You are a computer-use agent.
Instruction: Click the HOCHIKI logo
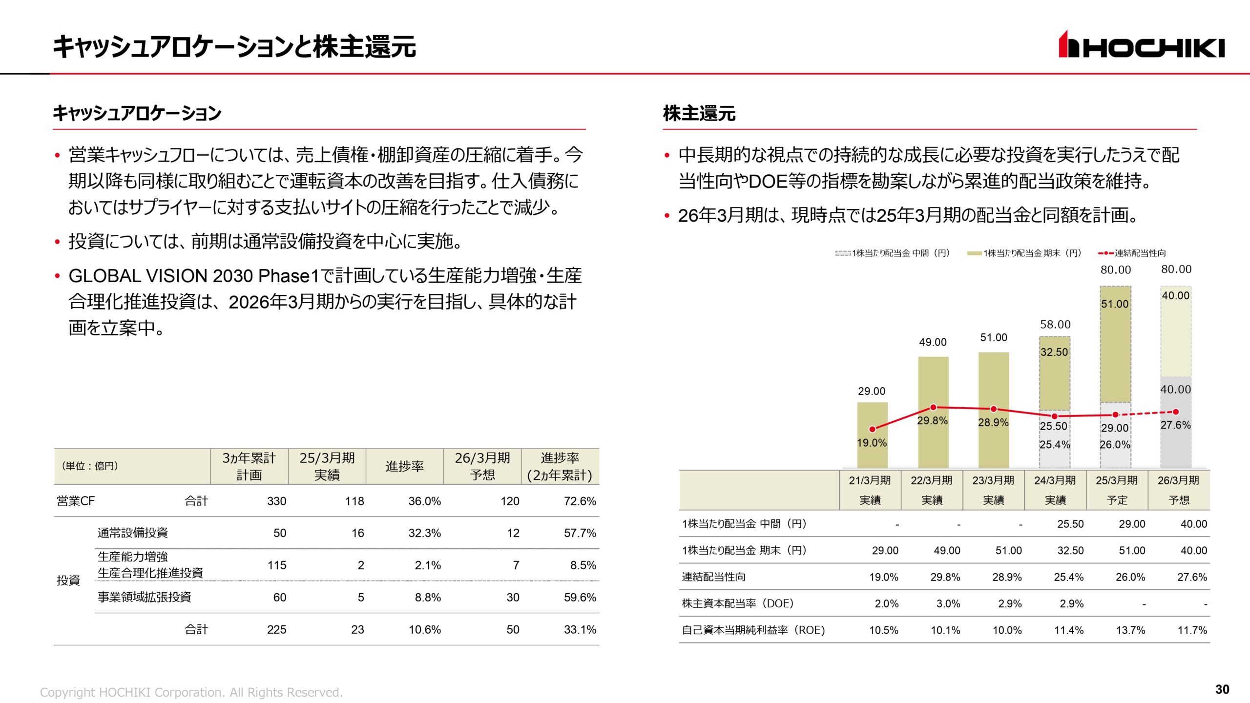click(1141, 45)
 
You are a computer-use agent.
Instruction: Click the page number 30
click(1222, 689)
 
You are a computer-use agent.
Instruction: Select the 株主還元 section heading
click(699, 113)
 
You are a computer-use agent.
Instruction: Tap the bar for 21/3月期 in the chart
click(872, 434)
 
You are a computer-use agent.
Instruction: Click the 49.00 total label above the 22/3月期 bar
click(933, 342)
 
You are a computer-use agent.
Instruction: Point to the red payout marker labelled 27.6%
click(1176, 412)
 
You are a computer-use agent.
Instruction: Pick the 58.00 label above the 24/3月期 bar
click(1055, 325)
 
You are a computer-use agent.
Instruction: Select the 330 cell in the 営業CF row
click(276, 501)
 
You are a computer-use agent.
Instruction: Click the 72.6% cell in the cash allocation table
click(580, 501)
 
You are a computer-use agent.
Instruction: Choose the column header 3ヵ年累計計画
click(249, 466)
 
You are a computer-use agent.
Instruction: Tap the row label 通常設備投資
click(132, 533)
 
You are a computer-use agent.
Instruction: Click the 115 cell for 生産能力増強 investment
click(276, 565)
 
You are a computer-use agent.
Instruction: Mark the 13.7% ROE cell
click(1130, 630)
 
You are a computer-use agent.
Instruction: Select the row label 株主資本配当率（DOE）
click(737, 603)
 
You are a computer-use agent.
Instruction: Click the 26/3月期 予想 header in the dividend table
click(1178, 490)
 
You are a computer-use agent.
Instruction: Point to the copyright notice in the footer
click(191, 692)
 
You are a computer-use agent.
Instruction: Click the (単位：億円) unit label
click(90, 466)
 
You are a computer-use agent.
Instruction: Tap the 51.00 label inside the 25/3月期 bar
click(1115, 304)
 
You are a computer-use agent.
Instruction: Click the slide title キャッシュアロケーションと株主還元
click(234, 47)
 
